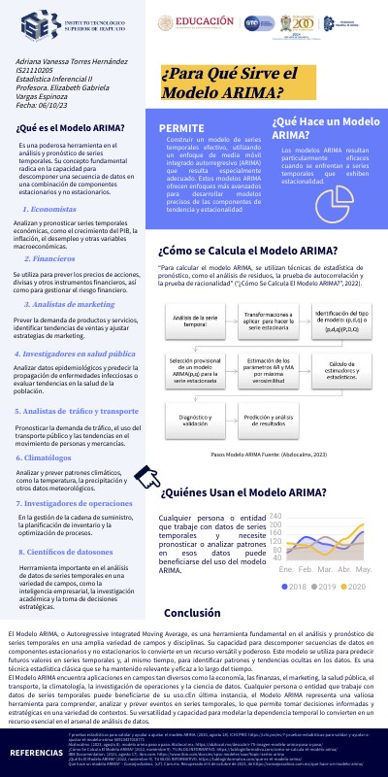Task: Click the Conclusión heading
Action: tap(192, 613)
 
